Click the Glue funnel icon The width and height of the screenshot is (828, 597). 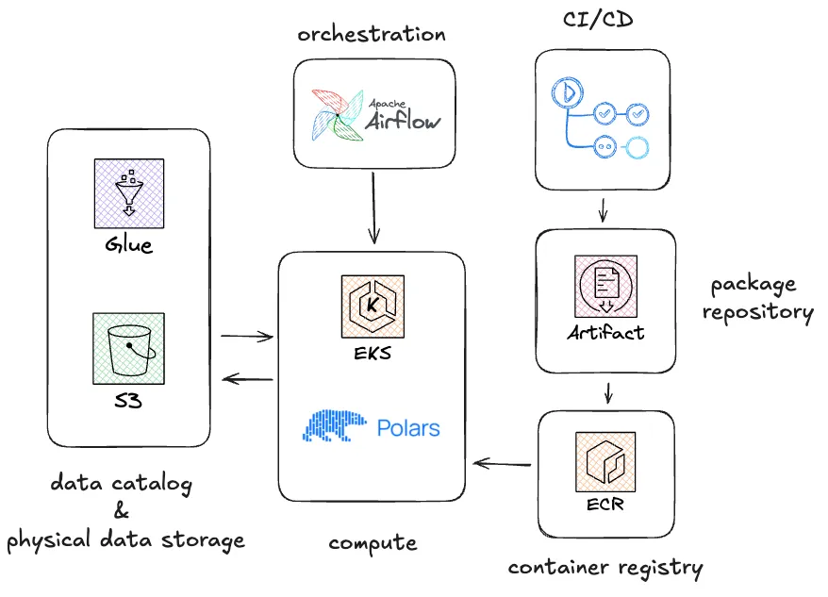128,193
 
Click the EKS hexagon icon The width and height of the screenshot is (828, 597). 373,307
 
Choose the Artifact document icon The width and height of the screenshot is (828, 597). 605,287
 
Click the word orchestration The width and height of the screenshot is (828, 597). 371,34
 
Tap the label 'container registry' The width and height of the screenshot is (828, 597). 604,568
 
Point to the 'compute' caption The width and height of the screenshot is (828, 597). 373,543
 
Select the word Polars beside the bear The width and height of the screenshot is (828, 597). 408,427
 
